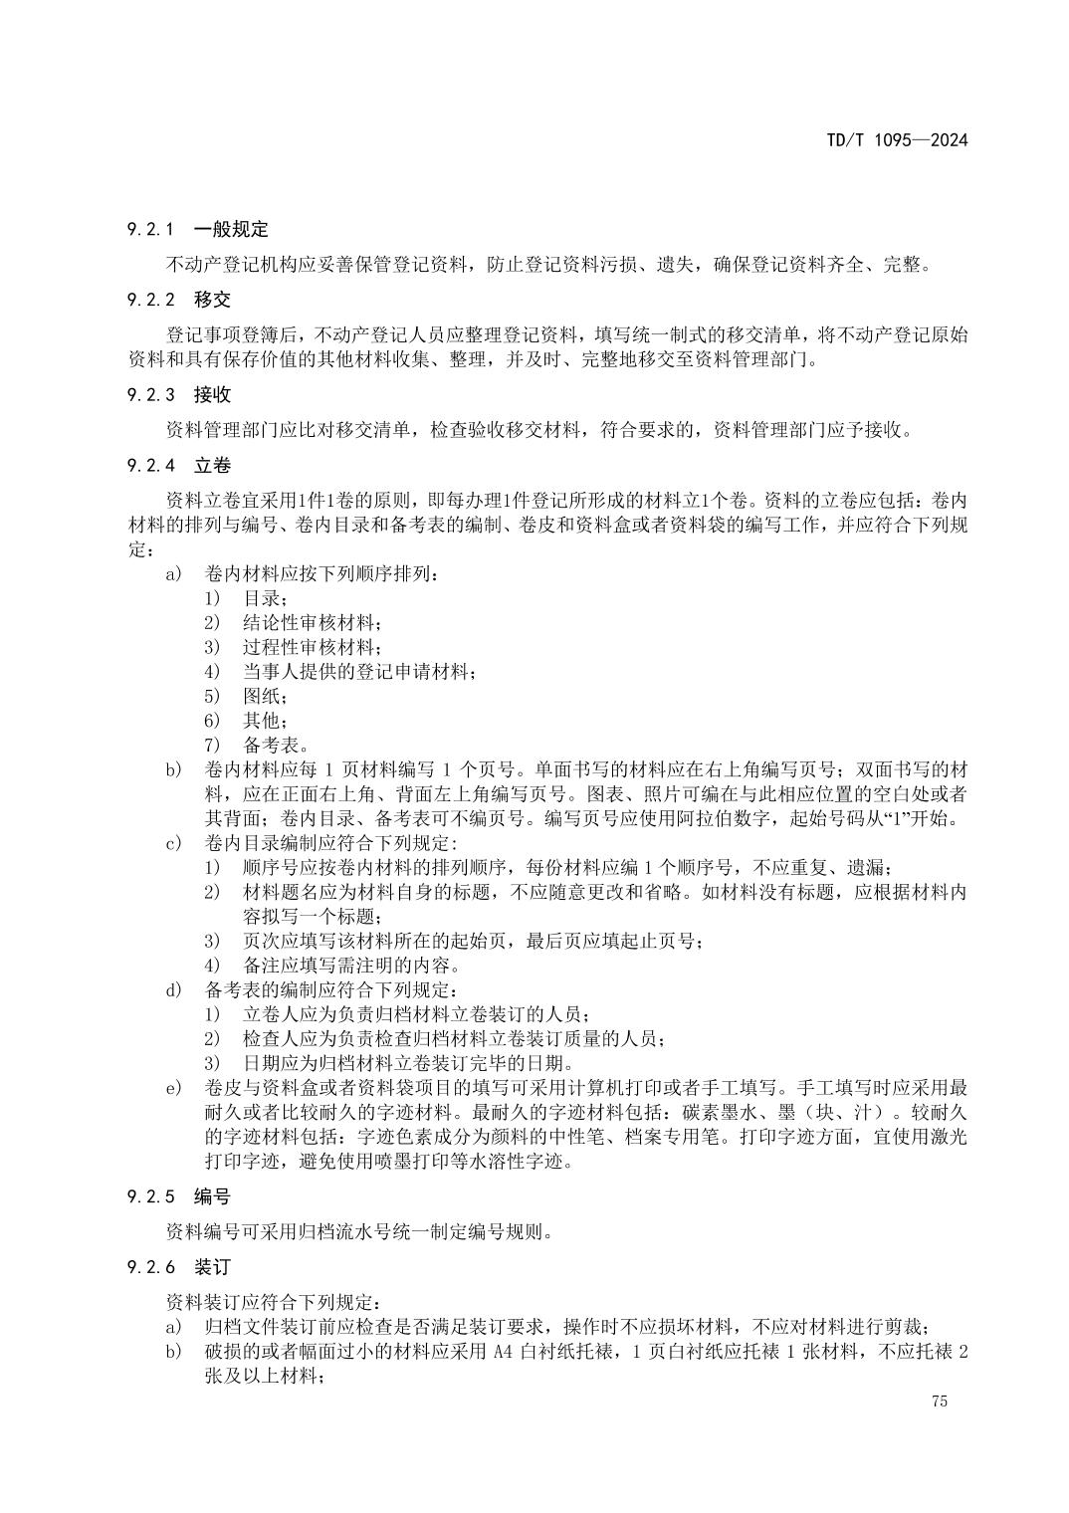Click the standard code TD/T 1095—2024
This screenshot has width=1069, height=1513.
tap(896, 140)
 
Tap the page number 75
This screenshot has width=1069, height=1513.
tap(940, 1402)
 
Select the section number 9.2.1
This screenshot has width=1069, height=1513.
tap(150, 230)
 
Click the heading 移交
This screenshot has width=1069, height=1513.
tap(212, 300)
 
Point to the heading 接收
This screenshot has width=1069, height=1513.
tap(212, 395)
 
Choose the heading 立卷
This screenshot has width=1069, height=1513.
tap(212, 465)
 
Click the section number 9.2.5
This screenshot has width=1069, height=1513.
tap(150, 1197)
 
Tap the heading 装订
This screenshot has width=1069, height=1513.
tap(212, 1267)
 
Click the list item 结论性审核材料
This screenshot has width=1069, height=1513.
tap(310, 623)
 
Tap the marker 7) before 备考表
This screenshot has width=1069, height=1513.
tap(211, 745)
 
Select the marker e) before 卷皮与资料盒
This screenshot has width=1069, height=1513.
tap(174, 1087)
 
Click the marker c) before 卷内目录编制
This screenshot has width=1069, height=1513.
tap(174, 843)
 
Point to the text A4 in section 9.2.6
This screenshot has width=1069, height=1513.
tap(503, 1352)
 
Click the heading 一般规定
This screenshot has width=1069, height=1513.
tap(231, 230)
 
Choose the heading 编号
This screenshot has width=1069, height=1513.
tap(212, 1197)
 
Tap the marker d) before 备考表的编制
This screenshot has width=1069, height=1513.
tap(174, 989)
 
